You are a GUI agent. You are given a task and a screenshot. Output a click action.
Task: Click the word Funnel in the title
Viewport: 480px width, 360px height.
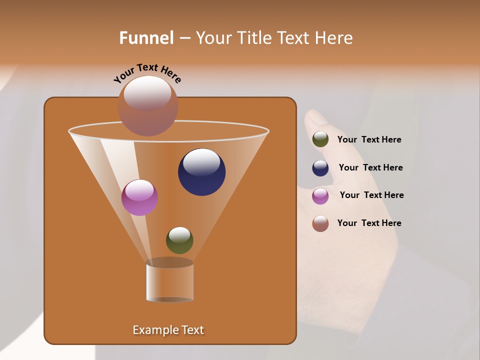(146, 38)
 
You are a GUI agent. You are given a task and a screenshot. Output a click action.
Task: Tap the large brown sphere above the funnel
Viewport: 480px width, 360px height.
(147, 106)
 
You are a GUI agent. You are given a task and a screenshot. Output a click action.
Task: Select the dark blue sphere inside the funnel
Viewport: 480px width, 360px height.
(202, 172)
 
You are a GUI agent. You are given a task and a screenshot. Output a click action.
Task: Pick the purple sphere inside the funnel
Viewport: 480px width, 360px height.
(139, 197)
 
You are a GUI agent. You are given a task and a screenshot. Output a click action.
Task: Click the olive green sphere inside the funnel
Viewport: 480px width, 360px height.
(179, 240)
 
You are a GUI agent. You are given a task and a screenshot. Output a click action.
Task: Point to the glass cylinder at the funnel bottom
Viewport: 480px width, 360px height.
(170, 282)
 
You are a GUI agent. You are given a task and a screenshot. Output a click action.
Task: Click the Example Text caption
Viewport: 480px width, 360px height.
(168, 330)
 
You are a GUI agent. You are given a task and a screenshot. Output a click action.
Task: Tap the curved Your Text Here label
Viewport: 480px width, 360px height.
(147, 73)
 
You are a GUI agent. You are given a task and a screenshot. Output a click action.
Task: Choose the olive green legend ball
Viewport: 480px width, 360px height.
(320, 139)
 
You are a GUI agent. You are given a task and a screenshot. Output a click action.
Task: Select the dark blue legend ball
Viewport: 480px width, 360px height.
(320, 168)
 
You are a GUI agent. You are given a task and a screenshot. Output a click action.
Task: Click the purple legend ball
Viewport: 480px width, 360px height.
(320, 196)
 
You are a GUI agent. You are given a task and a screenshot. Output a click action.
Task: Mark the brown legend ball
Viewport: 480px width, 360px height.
(320, 223)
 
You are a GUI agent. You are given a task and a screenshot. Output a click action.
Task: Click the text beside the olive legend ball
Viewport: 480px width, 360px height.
(369, 140)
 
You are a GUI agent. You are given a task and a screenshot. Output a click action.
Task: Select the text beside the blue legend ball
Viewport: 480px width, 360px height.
(370, 167)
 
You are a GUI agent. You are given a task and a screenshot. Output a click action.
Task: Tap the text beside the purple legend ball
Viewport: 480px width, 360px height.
(371, 195)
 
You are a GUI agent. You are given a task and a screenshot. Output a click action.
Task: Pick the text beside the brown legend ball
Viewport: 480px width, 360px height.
(369, 223)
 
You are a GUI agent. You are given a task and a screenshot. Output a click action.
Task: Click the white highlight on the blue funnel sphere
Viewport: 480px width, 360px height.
(201, 161)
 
